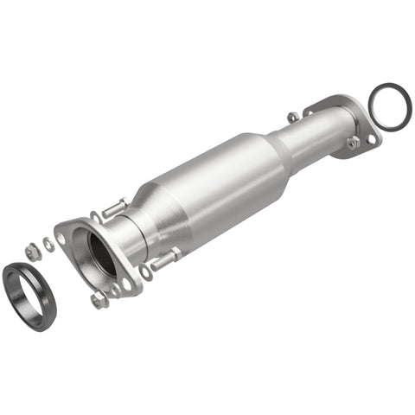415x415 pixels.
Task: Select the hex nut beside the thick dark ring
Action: pyautogui.click(x=32, y=252)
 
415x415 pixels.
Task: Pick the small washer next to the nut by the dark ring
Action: pyautogui.click(x=48, y=246)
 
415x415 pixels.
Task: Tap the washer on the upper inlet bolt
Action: pyautogui.click(x=96, y=216)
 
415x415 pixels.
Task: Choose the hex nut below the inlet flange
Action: pyautogui.click(x=99, y=299)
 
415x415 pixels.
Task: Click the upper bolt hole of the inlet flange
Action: pyautogui.click(x=62, y=233)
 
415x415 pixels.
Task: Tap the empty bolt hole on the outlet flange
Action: pyautogui.click(x=372, y=138)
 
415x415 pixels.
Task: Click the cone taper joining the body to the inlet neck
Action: pyautogui.click(x=169, y=216)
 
